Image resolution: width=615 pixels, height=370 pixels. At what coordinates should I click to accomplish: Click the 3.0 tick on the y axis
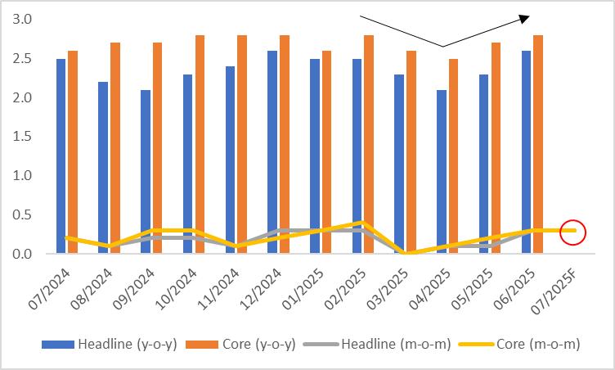pyautogui.click(x=23, y=19)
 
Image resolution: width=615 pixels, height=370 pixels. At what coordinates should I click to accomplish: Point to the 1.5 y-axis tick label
pyautogui.click(x=23, y=137)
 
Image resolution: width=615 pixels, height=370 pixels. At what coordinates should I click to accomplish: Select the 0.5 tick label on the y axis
pyautogui.click(x=23, y=215)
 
